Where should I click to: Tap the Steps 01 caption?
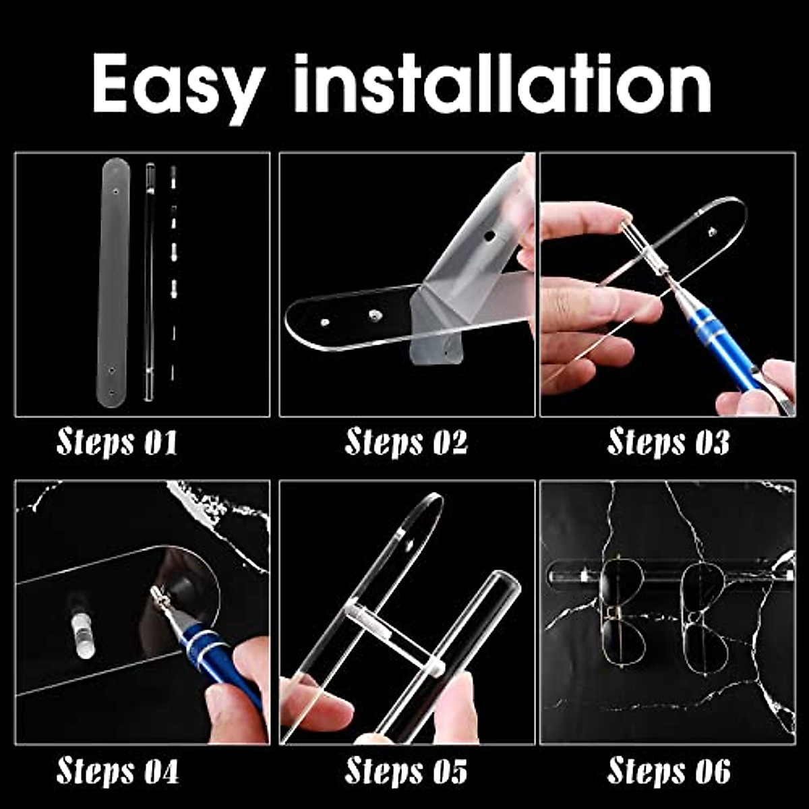(x=117, y=443)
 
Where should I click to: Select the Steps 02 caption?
(x=406, y=443)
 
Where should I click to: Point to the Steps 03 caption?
(x=668, y=443)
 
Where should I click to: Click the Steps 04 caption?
(x=117, y=771)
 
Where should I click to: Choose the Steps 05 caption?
(x=406, y=771)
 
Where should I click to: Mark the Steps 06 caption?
(x=668, y=771)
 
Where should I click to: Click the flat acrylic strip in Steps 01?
(x=115, y=283)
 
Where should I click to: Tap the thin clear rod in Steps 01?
(x=149, y=283)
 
